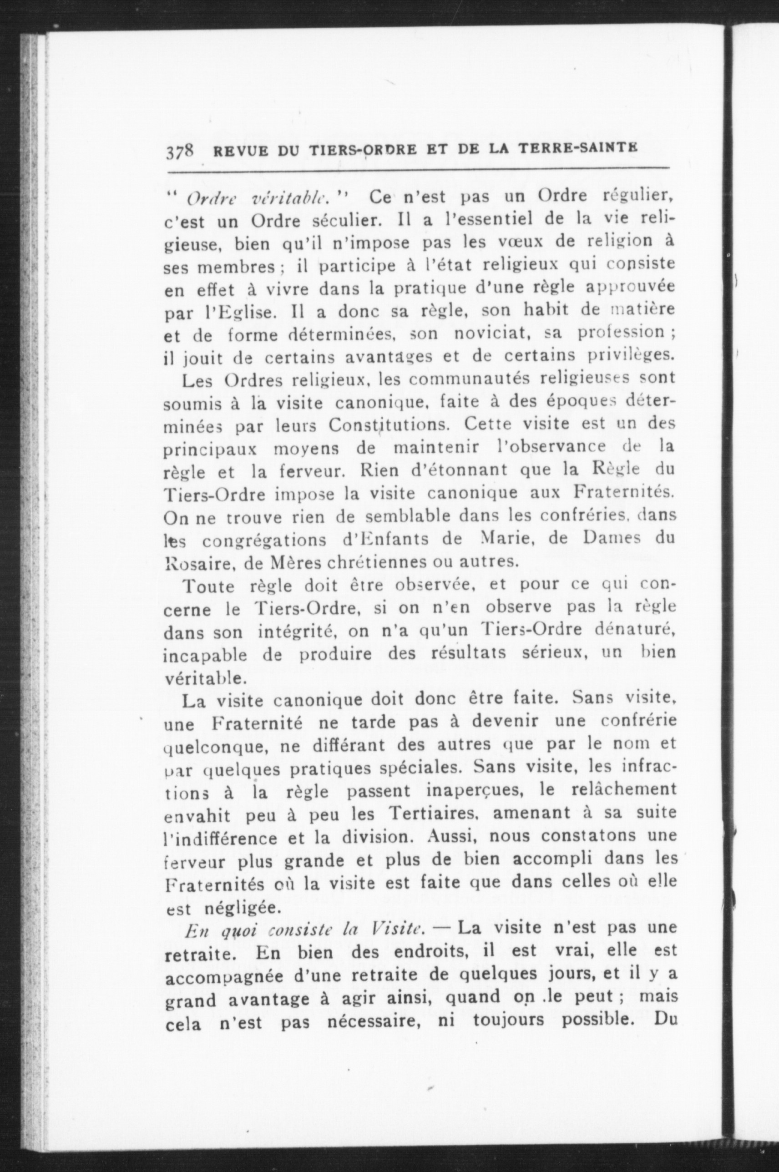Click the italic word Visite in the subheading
click(x=397, y=928)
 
